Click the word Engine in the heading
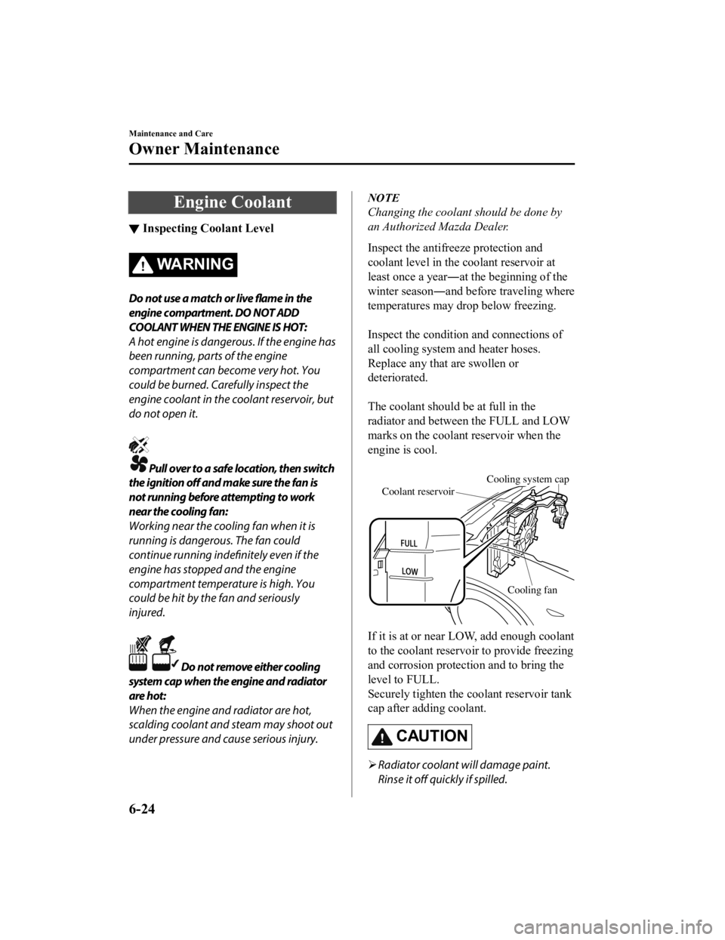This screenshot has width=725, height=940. (x=200, y=202)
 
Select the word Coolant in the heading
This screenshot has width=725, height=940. (x=261, y=202)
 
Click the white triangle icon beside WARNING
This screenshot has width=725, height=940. (x=142, y=265)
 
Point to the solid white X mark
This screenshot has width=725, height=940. (x=140, y=444)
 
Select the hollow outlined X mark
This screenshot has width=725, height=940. (x=140, y=644)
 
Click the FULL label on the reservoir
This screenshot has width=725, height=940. (x=409, y=544)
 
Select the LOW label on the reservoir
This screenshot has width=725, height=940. (x=409, y=572)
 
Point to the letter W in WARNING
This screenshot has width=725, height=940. (x=164, y=264)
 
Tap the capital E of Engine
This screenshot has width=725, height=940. (x=179, y=202)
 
